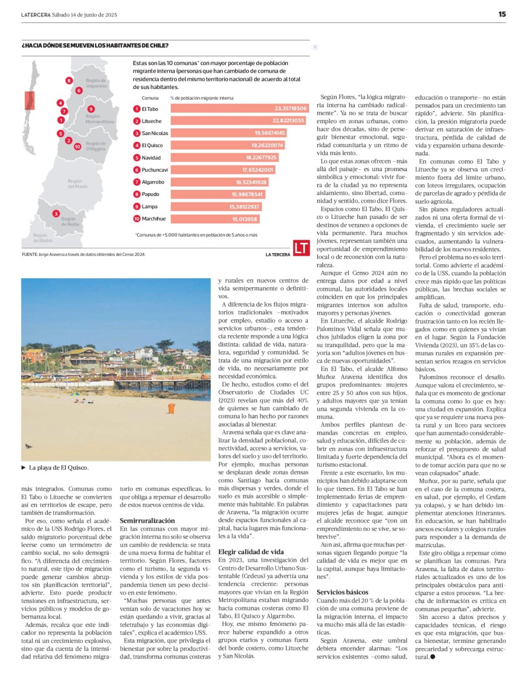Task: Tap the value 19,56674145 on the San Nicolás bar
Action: (x=270, y=133)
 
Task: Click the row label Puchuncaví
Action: (x=154, y=170)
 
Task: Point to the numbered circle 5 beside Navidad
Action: (x=137, y=157)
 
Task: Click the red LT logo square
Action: (x=301, y=247)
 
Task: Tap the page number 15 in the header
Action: (x=502, y=14)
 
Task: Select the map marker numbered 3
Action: (x=56, y=214)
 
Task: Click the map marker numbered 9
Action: (x=91, y=109)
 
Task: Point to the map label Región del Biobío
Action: (x=43, y=238)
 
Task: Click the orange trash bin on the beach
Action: (x=171, y=408)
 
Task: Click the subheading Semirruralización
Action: (x=146, y=520)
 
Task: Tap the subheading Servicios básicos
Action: (x=343, y=592)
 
